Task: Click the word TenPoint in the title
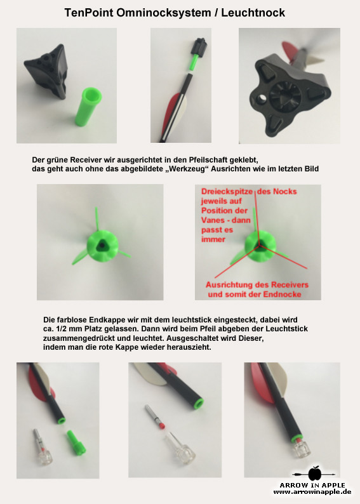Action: click(x=89, y=13)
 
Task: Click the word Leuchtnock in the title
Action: click(x=253, y=13)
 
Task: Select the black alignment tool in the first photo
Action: click(x=46, y=71)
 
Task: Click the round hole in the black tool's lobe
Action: click(x=263, y=96)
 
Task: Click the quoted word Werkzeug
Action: click(x=187, y=169)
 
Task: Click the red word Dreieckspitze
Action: click(x=227, y=192)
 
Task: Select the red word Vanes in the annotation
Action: click(x=213, y=220)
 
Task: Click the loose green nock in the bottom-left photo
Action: click(x=76, y=442)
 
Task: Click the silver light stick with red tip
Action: click(x=155, y=416)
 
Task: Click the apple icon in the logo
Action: click(x=315, y=474)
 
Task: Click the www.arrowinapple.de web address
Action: click(x=312, y=492)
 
